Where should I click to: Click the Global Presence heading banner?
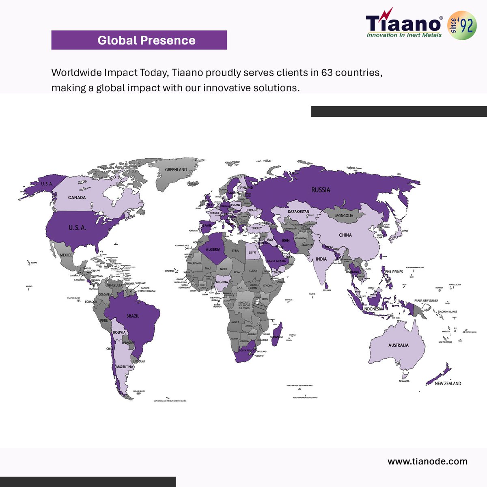point(139,40)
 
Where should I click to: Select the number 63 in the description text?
point(327,73)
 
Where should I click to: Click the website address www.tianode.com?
point(427,461)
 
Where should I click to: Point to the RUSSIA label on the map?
point(321,190)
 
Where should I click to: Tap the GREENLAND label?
point(176,170)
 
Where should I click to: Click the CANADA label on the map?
point(77,198)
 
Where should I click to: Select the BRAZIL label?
point(133,316)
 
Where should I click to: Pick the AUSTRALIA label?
point(398,345)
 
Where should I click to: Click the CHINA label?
point(345,235)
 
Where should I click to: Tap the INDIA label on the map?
point(321,259)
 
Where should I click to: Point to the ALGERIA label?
point(213,250)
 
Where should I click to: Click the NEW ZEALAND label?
point(448,384)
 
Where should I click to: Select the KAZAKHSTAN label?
point(298,212)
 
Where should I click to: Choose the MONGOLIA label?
point(344,215)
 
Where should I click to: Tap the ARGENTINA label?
point(124,367)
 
